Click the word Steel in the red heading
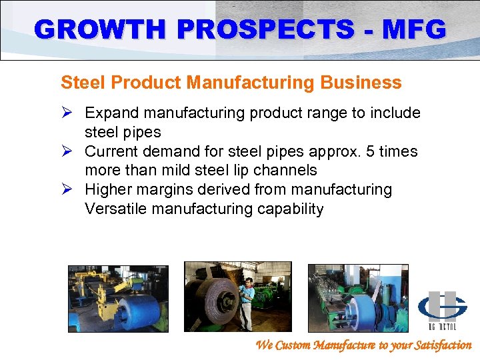[x=79, y=83]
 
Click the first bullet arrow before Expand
[x=67, y=113]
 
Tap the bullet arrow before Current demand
[x=67, y=151]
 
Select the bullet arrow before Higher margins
[x=67, y=190]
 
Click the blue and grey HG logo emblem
[x=442, y=306]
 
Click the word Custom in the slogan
[x=297, y=345]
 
